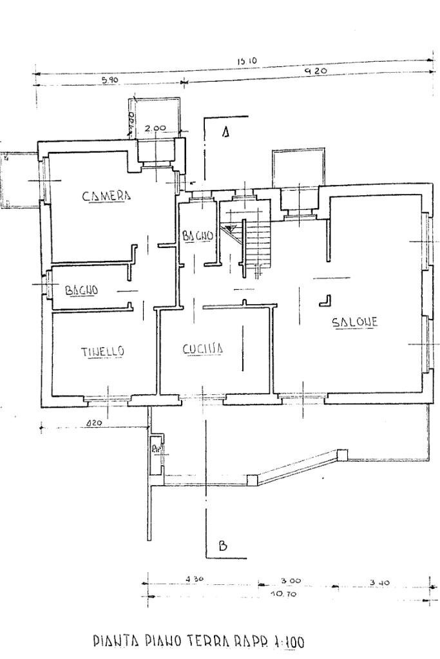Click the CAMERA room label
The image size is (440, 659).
pyautogui.click(x=106, y=196)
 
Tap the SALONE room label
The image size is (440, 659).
pyautogui.click(x=354, y=323)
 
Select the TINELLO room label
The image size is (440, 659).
pyautogui.click(x=102, y=351)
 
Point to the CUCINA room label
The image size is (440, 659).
pyautogui.click(x=202, y=349)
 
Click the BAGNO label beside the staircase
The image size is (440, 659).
pyautogui.click(x=197, y=236)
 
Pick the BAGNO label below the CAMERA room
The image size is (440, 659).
pyautogui.click(x=82, y=290)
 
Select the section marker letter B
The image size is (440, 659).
pyautogui.click(x=223, y=546)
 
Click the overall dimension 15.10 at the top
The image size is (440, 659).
pyautogui.click(x=247, y=61)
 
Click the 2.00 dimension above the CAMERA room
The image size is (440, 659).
pyautogui.click(x=155, y=128)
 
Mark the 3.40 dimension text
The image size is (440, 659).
pyautogui.click(x=379, y=583)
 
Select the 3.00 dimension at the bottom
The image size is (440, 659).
pyautogui.click(x=291, y=580)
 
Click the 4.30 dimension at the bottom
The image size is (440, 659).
pyautogui.click(x=194, y=579)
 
